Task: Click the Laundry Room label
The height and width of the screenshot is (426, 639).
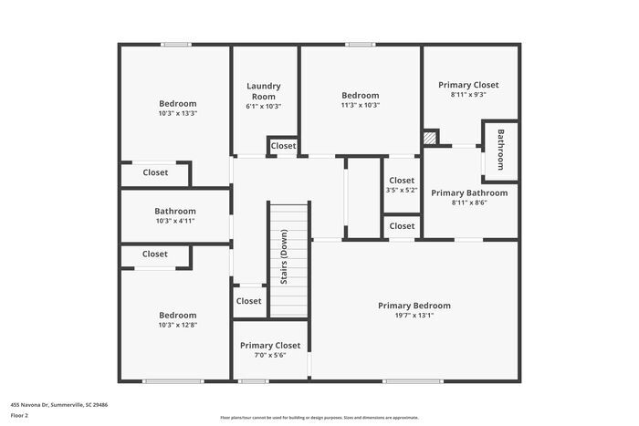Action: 264,91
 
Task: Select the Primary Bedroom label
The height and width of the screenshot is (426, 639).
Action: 414,306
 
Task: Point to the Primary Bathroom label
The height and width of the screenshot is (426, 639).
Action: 469,192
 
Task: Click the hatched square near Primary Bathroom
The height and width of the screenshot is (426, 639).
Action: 430,137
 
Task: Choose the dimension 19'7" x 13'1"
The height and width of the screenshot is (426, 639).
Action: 414,317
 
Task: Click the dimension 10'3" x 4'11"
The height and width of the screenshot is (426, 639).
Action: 175,221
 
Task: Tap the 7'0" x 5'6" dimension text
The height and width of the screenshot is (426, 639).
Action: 270,357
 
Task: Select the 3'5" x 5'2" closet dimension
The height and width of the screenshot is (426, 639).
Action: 402,191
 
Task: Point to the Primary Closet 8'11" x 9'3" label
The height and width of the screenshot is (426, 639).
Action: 468,85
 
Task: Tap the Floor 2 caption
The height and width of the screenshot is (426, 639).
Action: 19,415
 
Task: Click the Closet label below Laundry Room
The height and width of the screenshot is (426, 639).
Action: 283,146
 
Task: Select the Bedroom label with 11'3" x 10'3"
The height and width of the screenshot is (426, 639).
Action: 361,95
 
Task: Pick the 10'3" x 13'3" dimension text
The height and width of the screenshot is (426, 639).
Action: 177,114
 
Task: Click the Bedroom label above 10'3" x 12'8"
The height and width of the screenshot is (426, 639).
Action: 177,315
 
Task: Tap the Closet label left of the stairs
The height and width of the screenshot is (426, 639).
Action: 248,301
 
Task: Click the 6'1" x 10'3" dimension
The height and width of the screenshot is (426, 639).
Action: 264,107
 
